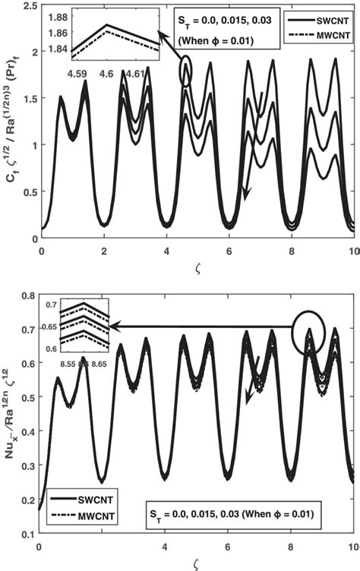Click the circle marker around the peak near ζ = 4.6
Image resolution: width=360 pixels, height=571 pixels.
click(186, 72)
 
